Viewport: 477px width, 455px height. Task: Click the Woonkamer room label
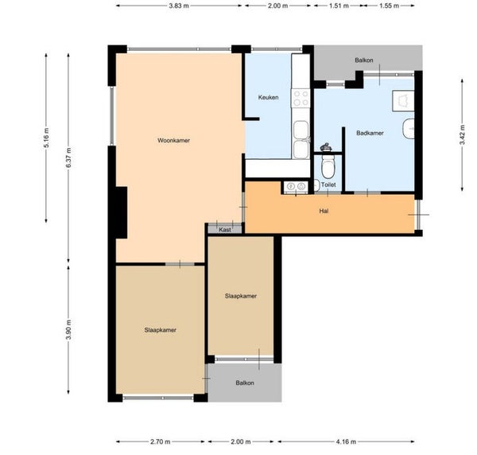click(x=173, y=140)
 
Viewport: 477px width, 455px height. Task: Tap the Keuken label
click(x=268, y=97)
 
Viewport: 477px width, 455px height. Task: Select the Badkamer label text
click(x=370, y=133)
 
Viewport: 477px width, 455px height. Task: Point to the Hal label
click(x=324, y=211)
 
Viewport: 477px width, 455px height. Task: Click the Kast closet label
click(x=225, y=230)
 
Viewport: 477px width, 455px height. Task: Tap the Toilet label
click(x=328, y=185)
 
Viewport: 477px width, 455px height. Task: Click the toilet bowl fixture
click(x=328, y=166)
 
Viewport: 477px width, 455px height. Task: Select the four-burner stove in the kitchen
click(x=301, y=98)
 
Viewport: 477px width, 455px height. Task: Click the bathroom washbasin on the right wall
click(x=409, y=129)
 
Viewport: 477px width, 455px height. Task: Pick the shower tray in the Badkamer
click(x=403, y=101)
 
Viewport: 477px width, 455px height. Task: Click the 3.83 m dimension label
click(x=179, y=6)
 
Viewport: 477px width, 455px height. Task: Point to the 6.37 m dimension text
click(x=68, y=157)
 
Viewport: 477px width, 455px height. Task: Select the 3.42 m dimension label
click(x=462, y=135)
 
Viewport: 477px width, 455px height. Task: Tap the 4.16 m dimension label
click(x=346, y=441)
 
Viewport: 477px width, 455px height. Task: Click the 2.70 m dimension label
click(x=161, y=441)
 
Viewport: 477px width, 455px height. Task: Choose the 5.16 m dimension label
click(x=46, y=138)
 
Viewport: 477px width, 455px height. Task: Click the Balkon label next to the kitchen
click(x=364, y=60)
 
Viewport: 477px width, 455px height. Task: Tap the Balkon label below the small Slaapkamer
click(x=245, y=383)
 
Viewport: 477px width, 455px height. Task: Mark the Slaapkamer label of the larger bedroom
click(x=161, y=330)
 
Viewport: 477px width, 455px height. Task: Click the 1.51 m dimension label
click(x=339, y=6)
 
